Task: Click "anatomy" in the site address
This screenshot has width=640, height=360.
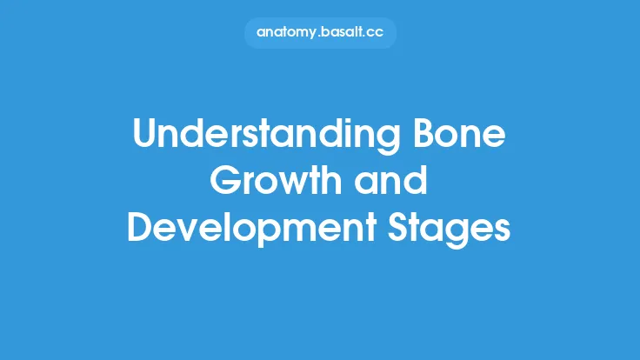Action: [286, 32]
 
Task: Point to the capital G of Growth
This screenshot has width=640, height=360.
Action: [229, 183]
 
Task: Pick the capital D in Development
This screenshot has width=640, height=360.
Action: [141, 228]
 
